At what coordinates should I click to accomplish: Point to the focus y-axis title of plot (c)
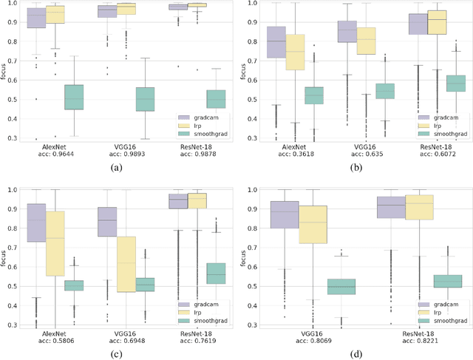coord(7,255)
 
